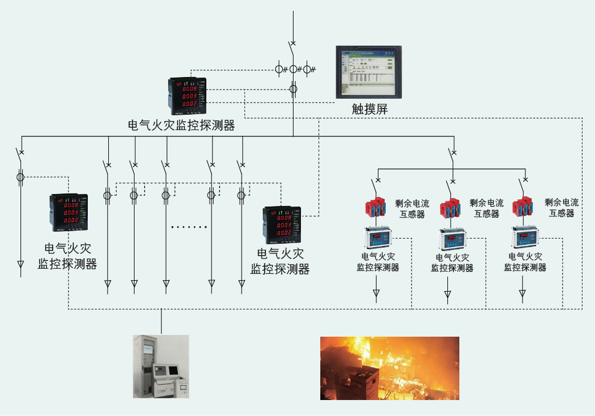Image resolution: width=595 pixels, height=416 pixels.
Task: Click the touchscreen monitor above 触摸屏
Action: coord(368,71)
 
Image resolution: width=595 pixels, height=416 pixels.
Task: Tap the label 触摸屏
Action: coord(370,110)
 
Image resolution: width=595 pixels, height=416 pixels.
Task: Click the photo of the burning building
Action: coord(389,367)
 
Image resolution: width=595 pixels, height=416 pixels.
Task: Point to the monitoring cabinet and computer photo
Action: coord(161,366)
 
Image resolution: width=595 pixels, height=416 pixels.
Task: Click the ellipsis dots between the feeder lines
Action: coord(189,227)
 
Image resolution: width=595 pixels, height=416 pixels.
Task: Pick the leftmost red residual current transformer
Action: coord(378,208)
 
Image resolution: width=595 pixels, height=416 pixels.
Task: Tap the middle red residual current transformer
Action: coord(450,208)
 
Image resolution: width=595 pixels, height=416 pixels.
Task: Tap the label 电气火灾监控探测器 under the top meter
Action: coord(181,126)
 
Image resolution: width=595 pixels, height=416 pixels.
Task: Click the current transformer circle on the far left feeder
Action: coord(21,177)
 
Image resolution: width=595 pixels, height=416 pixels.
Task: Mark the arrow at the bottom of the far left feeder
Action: coord(21,264)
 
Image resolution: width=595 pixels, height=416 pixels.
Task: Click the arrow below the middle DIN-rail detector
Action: coord(448,294)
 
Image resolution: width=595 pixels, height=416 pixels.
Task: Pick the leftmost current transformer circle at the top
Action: coord(280,70)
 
